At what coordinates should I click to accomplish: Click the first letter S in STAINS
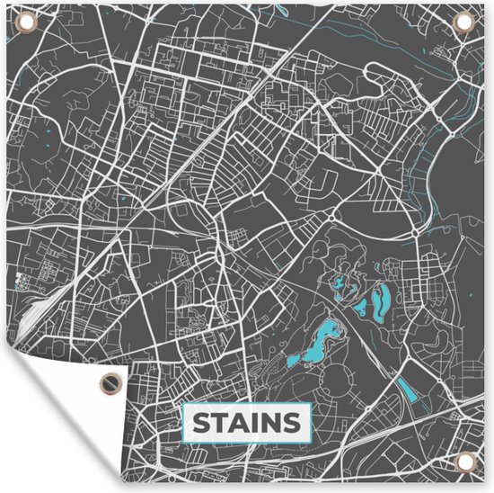tap(200, 422)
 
